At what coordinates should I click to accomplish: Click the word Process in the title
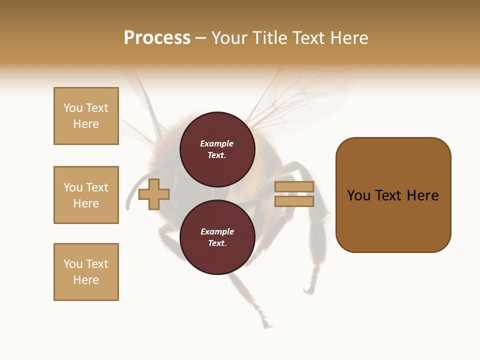(x=157, y=38)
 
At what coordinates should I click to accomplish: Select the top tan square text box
(x=86, y=116)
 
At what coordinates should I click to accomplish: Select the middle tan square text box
(x=86, y=195)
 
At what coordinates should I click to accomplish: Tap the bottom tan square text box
(x=86, y=272)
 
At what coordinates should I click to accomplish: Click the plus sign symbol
(x=154, y=194)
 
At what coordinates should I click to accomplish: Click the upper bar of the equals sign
(x=294, y=187)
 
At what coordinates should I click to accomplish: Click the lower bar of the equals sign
(x=294, y=201)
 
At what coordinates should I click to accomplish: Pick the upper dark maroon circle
(x=217, y=149)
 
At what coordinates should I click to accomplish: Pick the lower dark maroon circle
(x=217, y=237)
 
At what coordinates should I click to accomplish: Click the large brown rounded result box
(x=393, y=220)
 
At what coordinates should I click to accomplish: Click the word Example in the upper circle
(x=217, y=143)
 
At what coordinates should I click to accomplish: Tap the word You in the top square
(x=73, y=108)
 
